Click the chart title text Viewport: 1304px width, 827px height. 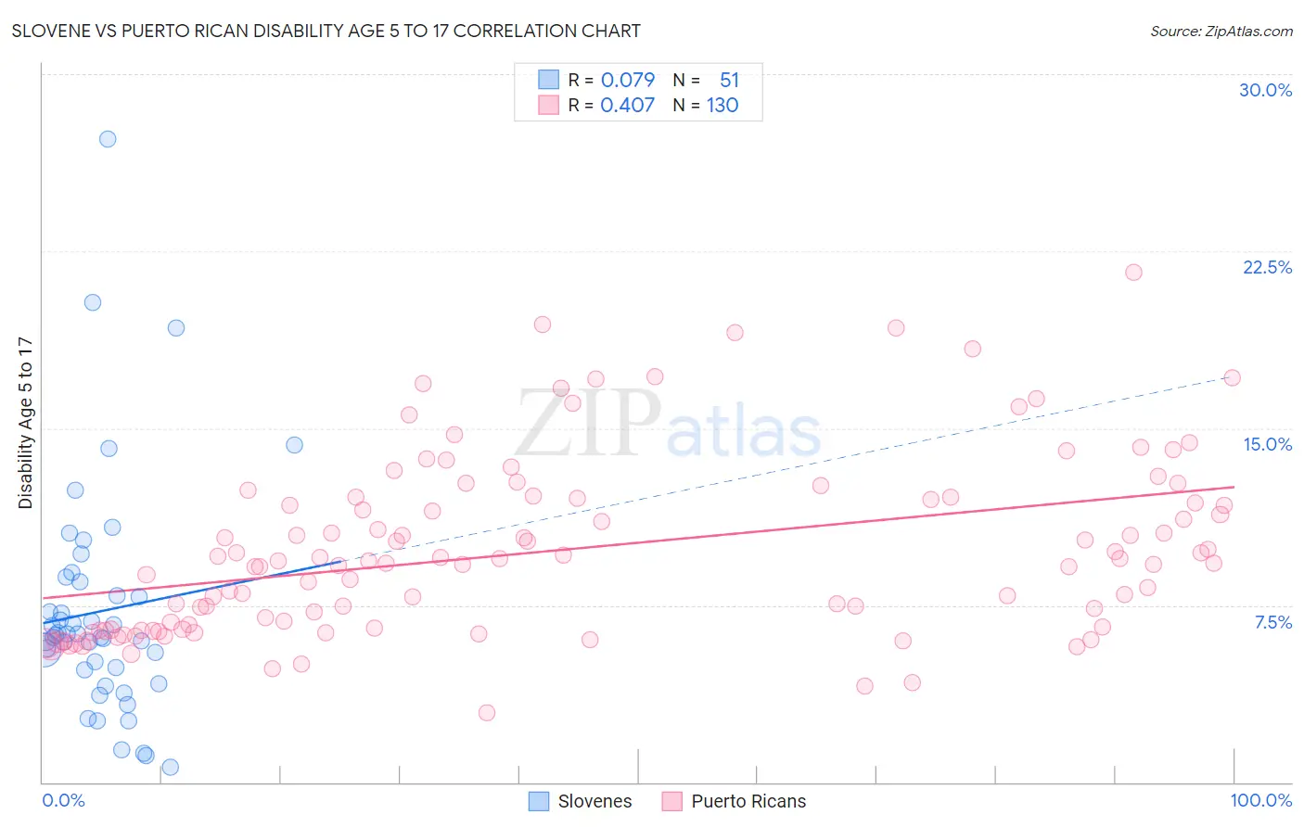click(x=326, y=31)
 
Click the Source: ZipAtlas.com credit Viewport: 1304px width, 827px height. click(x=1221, y=31)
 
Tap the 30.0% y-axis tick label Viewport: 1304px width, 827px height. click(x=1265, y=90)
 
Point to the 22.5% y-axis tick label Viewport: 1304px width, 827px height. click(x=1267, y=267)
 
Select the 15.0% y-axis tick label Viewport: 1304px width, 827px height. click(x=1267, y=444)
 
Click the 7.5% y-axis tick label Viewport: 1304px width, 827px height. click(x=1272, y=622)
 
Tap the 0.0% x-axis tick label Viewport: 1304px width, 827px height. click(x=63, y=800)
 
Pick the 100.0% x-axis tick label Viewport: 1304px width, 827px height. click(x=1260, y=800)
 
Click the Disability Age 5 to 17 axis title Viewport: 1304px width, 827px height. click(x=26, y=423)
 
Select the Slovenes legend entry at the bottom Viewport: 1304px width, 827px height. click(x=581, y=801)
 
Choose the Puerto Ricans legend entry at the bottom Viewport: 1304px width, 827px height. click(x=735, y=801)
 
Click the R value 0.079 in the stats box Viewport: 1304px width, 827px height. click(x=627, y=80)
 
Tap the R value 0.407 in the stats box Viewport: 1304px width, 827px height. click(x=627, y=105)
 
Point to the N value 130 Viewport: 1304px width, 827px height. click(x=722, y=105)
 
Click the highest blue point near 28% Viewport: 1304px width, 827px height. click(x=108, y=139)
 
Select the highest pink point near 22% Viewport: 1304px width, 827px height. click(x=1133, y=273)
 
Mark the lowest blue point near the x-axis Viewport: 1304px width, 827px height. click(x=170, y=767)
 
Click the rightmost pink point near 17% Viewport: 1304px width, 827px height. click(x=1232, y=377)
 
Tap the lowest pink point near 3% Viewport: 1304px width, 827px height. click(x=487, y=713)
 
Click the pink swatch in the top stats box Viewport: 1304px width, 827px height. click(x=548, y=105)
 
